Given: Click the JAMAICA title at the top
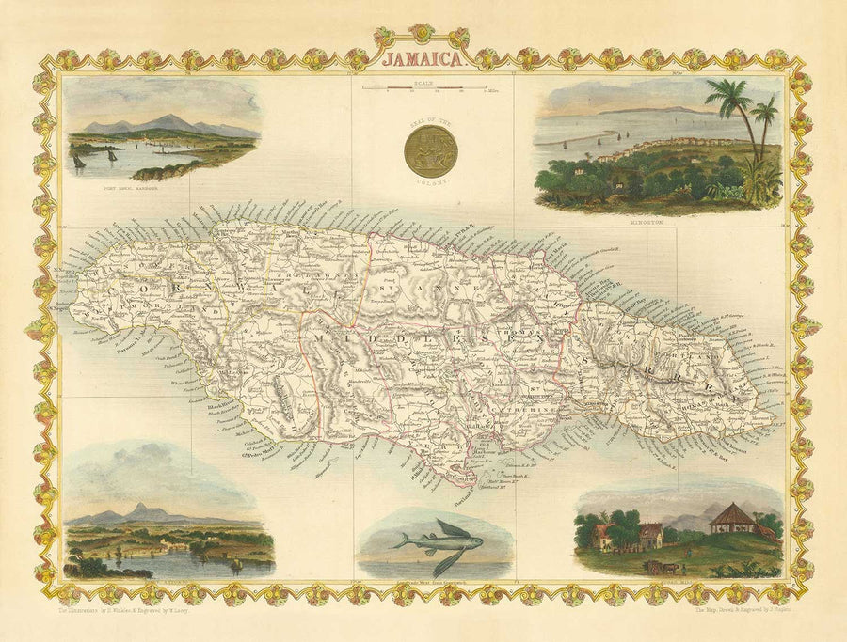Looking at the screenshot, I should (423, 58).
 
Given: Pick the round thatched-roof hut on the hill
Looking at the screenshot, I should (730, 518).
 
